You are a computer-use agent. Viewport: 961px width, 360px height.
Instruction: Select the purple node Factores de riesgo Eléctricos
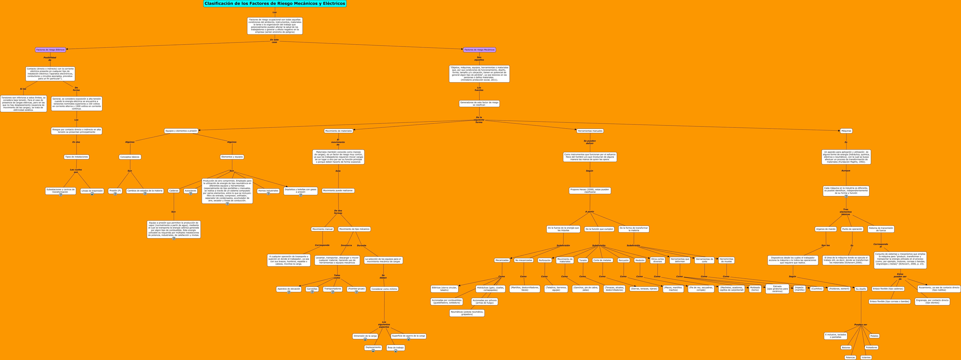pyautogui.click(x=50, y=50)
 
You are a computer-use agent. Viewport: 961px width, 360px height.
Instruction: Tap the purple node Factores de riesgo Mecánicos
pyautogui.click(x=479, y=50)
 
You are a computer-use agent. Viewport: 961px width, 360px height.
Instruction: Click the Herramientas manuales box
pyautogui.click(x=590, y=131)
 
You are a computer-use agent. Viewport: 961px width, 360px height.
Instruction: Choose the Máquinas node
pyautogui.click(x=846, y=131)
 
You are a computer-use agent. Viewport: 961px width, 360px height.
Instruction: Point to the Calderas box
pyautogui.click(x=173, y=191)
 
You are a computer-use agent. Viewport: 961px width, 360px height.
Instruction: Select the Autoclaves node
pyautogui.click(x=190, y=191)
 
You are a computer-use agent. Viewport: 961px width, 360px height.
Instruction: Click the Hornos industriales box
pyautogui.click(x=268, y=191)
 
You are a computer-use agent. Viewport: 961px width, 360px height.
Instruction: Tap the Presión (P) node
pyautogui.click(x=115, y=191)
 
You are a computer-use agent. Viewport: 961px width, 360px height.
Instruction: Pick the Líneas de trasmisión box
pyautogui.click(x=92, y=191)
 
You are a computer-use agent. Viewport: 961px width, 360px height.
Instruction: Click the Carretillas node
pyautogui.click(x=312, y=289)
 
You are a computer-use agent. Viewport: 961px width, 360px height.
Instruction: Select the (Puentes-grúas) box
pyautogui.click(x=356, y=289)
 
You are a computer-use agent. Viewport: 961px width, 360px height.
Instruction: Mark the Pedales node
pyautogui.click(x=874, y=336)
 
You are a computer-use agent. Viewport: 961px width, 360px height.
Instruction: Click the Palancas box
pyautogui.click(x=850, y=357)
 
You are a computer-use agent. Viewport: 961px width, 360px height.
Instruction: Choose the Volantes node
pyautogui.click(x=866, y=357)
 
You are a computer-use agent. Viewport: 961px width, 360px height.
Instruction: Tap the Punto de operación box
pyautogui.click(x=852, y=229)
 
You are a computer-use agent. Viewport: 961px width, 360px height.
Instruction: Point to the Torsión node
pyautogui.click(x=583, y=260)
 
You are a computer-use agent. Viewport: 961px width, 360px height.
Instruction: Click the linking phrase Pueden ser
pyautogui.click(x=861, y=325)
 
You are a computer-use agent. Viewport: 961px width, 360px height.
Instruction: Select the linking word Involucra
pyautogui.click(x=346, y=246)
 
